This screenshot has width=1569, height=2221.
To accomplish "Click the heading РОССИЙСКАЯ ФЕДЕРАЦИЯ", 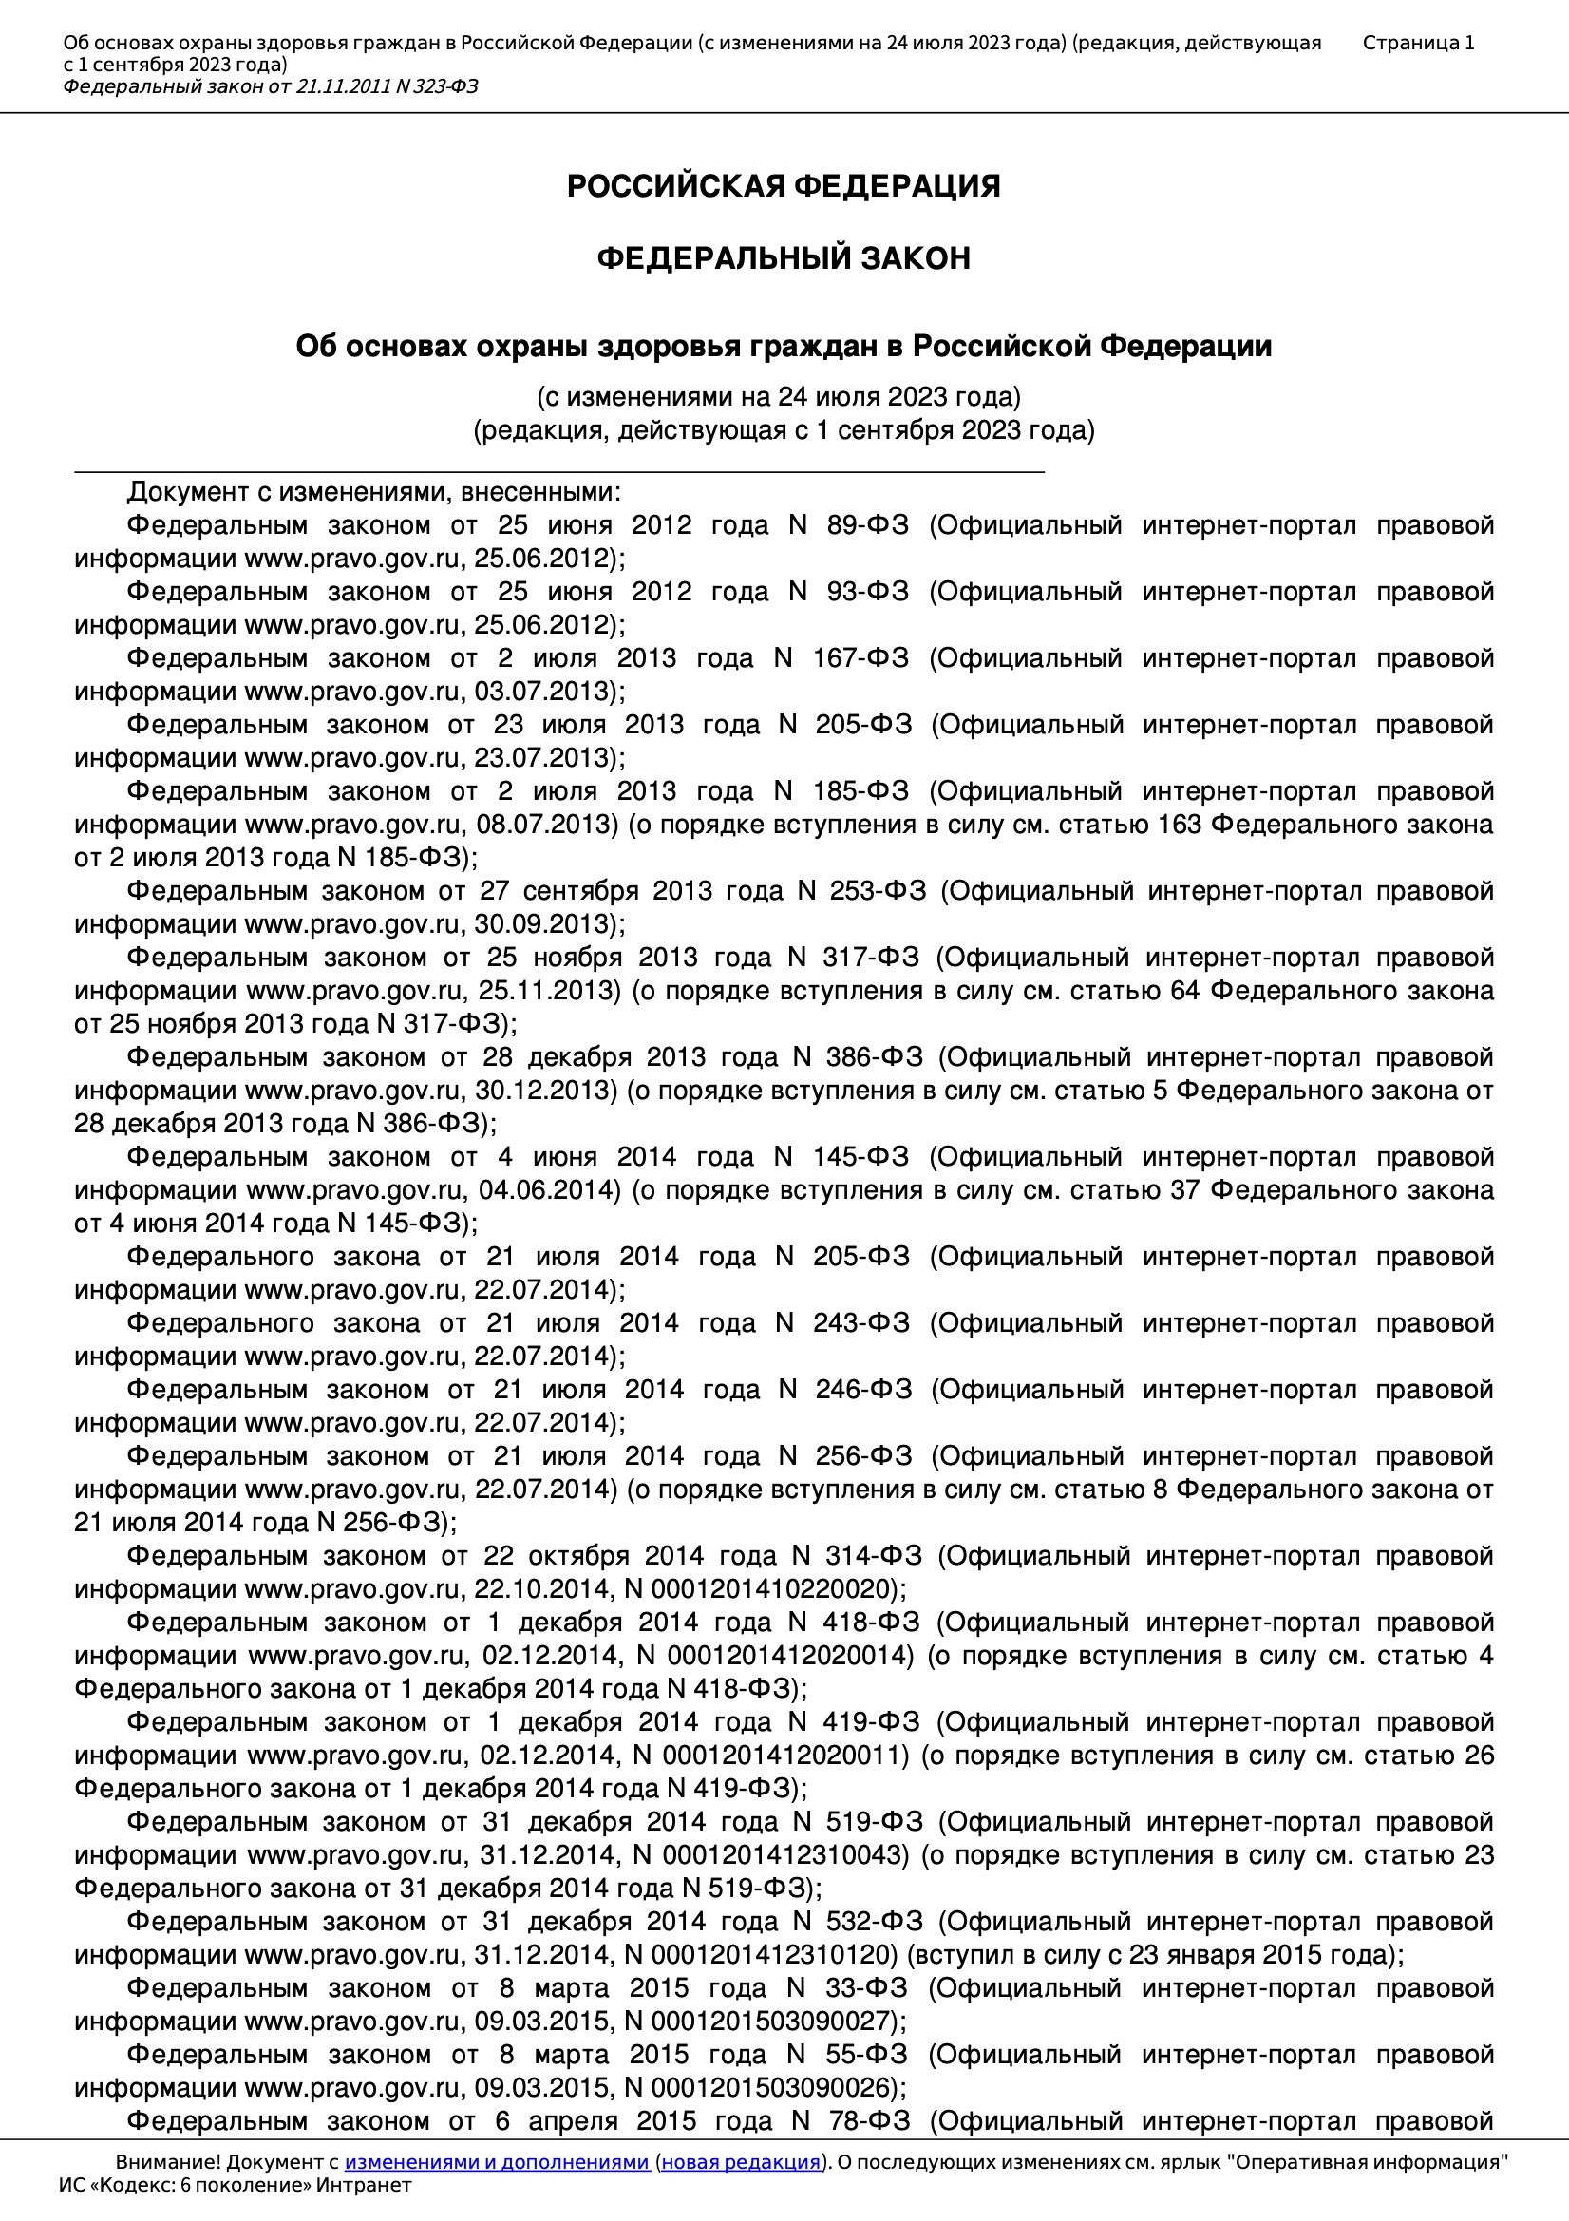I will pyautogui.click(x=784, y=186).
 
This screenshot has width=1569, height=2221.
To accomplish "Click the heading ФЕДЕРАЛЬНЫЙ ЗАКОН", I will pyautogui.click(x=784, y=258).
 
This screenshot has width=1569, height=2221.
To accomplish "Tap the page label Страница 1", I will pyautogui.click(x=1418, y=43).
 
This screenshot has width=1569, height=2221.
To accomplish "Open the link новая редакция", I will pyautogui.click(x=740, y=2162).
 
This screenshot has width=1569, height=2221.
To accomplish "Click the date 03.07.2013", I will pyautogui.click(x=545, y=692).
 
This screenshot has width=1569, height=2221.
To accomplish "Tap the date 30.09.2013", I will pyautogui.click(x=545, y=923).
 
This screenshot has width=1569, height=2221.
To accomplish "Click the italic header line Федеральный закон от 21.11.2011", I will pyautogui.click(x=271, y=87).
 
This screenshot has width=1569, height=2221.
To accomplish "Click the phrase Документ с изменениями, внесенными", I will pyautogui.click(x=373, y=491).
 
